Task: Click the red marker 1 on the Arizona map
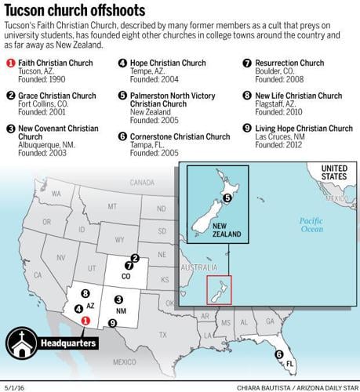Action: coord(86,319)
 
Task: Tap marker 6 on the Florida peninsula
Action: coord(278,354)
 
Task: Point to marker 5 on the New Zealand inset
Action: coord(227,198)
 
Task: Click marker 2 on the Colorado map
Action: coord(135,258)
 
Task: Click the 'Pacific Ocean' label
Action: coord(311,225)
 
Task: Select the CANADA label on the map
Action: coord(143,182)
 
